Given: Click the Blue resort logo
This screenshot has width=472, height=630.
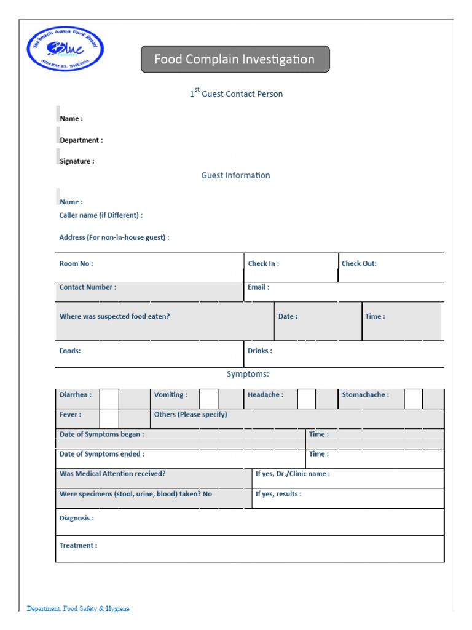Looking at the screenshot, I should click(65, 49).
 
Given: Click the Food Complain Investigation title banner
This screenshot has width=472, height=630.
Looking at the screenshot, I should click(235, 60).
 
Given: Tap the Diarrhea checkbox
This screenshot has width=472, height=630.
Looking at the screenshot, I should click(109, 399).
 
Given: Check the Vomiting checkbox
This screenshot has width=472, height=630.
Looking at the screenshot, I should click(208, 399).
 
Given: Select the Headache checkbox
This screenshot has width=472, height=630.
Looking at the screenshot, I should click(306, 399).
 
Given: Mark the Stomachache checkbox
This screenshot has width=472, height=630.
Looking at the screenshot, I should click(413, 399).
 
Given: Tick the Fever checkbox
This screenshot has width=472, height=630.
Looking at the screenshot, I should click(109, 418).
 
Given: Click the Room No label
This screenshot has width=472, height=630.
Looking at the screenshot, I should click(76, 264).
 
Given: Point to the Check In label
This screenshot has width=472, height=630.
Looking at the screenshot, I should click(263, 264).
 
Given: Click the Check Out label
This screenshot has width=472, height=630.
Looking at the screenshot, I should click(359, 264).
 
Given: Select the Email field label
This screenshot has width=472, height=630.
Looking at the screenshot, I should click(258, 287).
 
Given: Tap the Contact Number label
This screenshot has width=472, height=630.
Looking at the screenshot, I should click(87, 287).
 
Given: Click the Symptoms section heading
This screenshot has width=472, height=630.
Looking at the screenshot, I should click(248, 374).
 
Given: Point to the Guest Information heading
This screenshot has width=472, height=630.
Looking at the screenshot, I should click(235, 175).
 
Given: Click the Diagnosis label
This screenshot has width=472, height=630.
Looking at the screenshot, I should click(76, 518).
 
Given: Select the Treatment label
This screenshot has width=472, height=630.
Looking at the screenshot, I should click(78, 546).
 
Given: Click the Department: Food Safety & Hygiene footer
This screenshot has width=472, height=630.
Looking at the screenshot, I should click(78, 608).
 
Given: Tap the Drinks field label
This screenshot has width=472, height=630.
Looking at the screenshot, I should click(259, 351).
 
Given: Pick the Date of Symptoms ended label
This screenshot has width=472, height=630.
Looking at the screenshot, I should click(101, 454).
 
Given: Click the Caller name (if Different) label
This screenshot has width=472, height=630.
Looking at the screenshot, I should click(101, 215).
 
